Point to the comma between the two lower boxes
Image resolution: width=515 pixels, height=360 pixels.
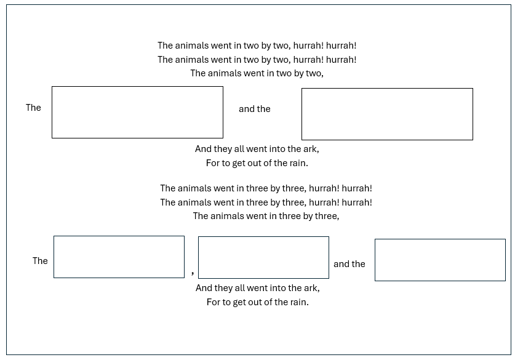click(193, 272)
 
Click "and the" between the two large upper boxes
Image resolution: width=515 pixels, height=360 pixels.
click(255, 109)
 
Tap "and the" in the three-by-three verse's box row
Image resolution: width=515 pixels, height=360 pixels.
click(349, 264)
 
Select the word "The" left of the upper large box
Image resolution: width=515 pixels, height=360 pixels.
click(33, 108)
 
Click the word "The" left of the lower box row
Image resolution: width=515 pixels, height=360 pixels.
click(40, 260)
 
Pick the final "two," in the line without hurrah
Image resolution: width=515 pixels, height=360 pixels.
click(316, 73)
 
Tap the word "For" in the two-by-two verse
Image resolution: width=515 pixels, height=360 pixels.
click(212, 163)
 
